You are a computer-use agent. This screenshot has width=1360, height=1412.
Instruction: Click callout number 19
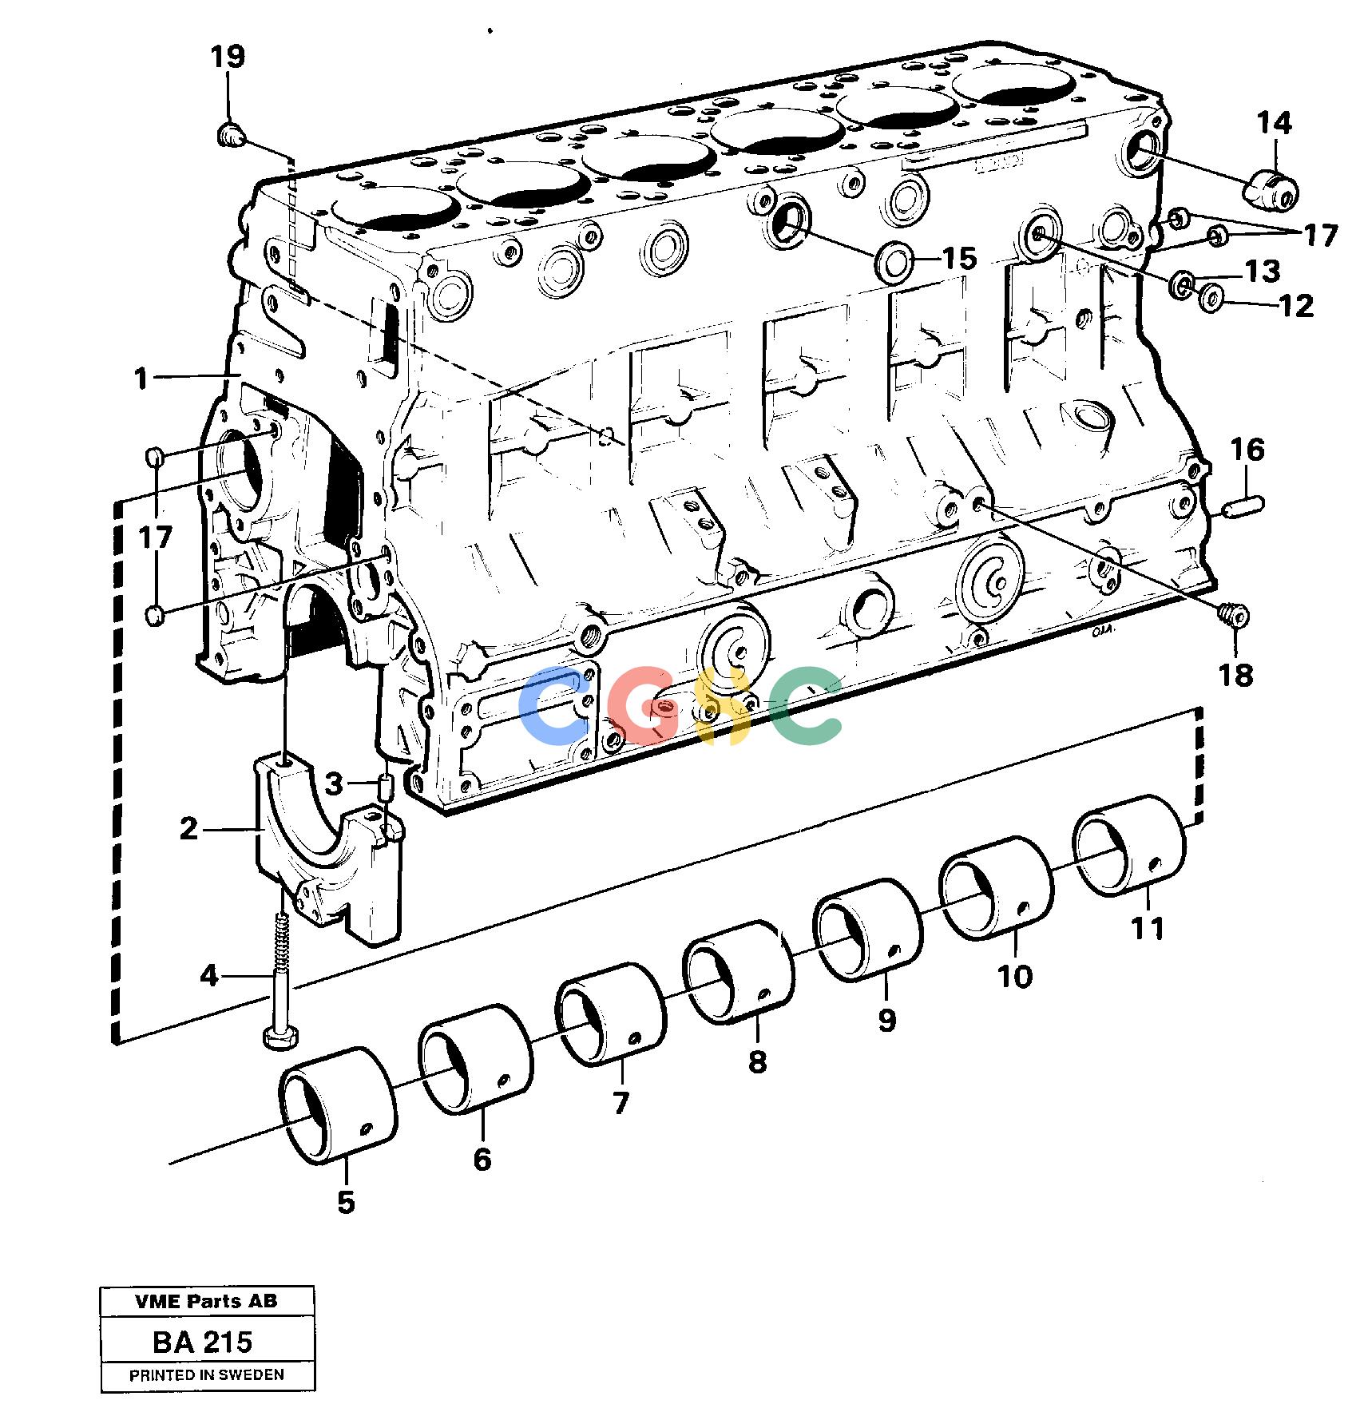tap(228, 58)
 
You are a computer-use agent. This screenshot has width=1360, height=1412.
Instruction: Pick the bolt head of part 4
tap(280, 1037)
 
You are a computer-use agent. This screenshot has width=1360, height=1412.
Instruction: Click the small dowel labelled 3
tap(385, 789)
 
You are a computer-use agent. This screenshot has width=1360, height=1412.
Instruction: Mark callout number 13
tap(1263, 272)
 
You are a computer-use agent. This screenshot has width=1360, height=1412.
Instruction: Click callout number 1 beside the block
tap(141, 379)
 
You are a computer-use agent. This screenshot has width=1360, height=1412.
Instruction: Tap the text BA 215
tap(203, 1342)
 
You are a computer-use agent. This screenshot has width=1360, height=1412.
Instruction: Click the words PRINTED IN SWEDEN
tap(207, 1375)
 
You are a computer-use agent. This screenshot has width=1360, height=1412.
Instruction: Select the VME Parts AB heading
tap(207, 1301)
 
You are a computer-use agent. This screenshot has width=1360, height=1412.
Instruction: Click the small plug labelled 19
tap(231, 135)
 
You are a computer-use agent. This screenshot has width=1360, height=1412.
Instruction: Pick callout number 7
tap(621, 1103)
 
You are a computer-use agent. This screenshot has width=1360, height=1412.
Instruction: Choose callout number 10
tap(1015, 976)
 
